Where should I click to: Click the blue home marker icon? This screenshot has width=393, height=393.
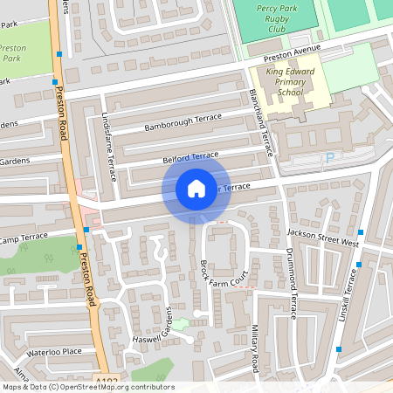click(196, 189)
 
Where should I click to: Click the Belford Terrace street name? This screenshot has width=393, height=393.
click(190, 157)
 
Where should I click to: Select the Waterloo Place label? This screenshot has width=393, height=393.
click(53, 351)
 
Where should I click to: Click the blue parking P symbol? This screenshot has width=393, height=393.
click(329, 157)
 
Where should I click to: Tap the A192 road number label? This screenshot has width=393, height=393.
click(106, 381)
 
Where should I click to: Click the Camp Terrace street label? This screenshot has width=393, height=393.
click(24, 238)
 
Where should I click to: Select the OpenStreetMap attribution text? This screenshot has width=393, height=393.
click(87, 387)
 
